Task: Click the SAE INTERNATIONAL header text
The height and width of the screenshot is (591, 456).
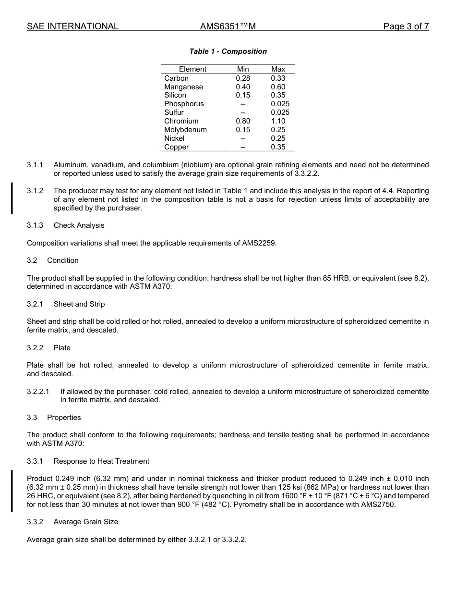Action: point(72,26)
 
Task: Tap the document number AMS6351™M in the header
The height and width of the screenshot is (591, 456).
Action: point(228,26)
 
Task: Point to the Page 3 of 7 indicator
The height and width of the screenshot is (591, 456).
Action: point(406,26)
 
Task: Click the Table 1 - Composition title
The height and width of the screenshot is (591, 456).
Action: point(228,51)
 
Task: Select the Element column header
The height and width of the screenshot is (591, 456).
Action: point(192,69)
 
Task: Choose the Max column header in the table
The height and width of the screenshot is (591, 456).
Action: point(278,69)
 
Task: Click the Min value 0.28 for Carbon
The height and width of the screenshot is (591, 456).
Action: point(243,78)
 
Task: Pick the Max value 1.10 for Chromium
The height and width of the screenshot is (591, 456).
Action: point(278,121)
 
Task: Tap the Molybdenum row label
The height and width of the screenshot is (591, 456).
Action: point(185,130)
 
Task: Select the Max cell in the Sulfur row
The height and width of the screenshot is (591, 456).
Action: point(280,112)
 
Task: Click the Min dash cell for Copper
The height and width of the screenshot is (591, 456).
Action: point(243,147)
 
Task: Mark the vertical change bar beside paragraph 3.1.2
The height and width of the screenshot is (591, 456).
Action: point(12,198)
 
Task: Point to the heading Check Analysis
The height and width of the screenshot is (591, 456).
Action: point(79,225)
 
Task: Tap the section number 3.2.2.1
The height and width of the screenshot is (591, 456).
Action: point(38,392)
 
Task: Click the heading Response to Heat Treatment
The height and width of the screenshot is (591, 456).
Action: point(101,461)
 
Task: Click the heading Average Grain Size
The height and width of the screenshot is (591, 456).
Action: point(85,522)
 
